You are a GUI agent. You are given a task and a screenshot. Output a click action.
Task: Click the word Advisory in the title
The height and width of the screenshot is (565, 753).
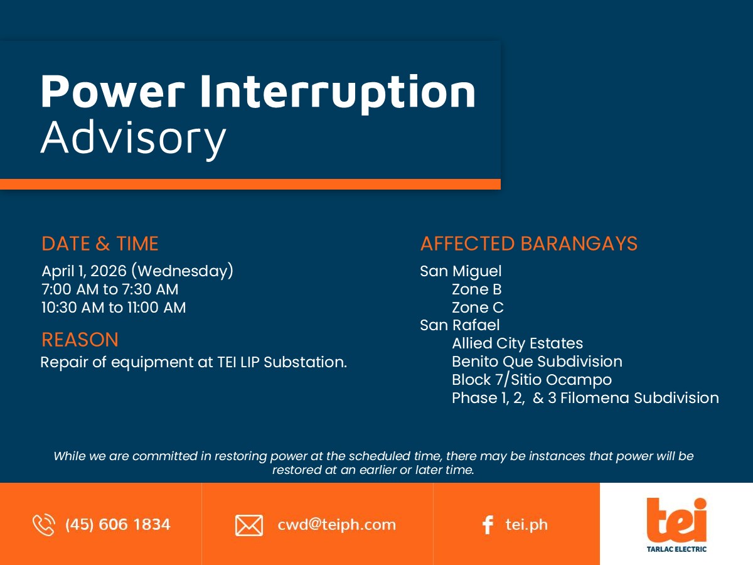pyautogui.click(x=134, y=139)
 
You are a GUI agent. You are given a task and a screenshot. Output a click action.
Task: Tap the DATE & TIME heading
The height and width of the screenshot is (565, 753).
pyautogui.click(x=100, y=244)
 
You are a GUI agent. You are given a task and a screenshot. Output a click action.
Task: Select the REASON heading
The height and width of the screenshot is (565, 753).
pyautogui.click(x=80, y=340)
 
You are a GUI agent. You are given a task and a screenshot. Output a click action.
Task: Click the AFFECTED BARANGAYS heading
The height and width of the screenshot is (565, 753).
pyautogui.click(x=528, y=244)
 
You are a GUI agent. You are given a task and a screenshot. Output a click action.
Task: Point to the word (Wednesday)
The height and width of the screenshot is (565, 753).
pyautogui.click(x=183, y=271)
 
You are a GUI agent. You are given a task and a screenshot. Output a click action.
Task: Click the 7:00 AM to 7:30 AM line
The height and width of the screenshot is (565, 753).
pyautogui.click(x=110, y=289)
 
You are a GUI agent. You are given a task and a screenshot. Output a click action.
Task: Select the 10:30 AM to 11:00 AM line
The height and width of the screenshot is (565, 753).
pyautogui.click(x=114, y=308)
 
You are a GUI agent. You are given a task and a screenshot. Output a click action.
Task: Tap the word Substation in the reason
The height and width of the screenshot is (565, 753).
pyautogui.click(x=305, y=362)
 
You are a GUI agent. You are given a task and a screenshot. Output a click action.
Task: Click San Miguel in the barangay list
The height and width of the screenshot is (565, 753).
pyautogui.click(x=461, y=271)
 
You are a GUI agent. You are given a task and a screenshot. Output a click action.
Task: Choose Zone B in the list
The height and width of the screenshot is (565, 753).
pyautogui.click(x=477, y=289)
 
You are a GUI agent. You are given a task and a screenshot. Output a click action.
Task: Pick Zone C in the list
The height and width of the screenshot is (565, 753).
pyautogui.click(x=478, y=308)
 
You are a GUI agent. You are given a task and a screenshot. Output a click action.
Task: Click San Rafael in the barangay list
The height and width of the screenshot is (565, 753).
pyautogui.click(x=460, y=325)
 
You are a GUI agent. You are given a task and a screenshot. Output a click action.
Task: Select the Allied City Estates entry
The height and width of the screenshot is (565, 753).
pyautogui.click(x=517, y=343)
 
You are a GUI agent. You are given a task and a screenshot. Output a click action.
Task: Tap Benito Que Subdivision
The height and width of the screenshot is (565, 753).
pyautogui.click(x=537, y=361)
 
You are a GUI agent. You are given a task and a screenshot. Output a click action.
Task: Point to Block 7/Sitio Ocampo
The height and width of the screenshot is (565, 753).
pyautogui.click(x=531, y=380)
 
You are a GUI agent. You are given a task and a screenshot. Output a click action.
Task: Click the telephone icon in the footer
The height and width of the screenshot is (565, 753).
pyautogui.click(x=44, y=525)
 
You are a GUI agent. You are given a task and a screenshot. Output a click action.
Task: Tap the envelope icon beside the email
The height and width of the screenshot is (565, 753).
pyautogui.click(x=249, y=525)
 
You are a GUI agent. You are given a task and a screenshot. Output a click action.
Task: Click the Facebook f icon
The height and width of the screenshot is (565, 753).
pyautogui.click(x=488, y=525)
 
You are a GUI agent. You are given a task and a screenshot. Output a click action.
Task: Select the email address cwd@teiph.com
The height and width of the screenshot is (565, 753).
pyautogui.click(x=336, y=525)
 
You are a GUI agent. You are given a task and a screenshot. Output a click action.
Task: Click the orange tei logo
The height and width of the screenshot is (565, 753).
pyautogui.click(x=676, y=520)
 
